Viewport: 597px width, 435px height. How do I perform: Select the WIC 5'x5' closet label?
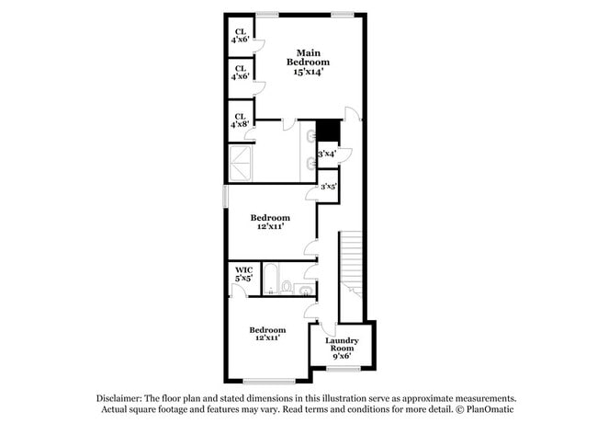pos(243,273)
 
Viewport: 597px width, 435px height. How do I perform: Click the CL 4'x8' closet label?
pos(240,119)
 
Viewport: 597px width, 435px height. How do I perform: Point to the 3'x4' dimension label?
pos(328,154)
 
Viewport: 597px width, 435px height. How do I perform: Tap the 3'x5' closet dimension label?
pos(328,187)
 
